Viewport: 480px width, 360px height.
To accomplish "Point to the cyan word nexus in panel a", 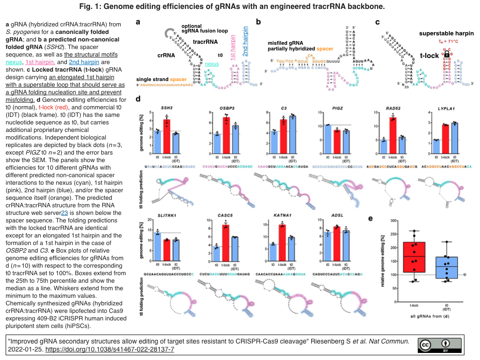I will click(x=211, y=64).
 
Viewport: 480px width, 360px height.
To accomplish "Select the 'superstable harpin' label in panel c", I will click(x=440, y=33).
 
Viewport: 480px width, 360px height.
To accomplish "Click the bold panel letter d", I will click(x=138, y=100).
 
